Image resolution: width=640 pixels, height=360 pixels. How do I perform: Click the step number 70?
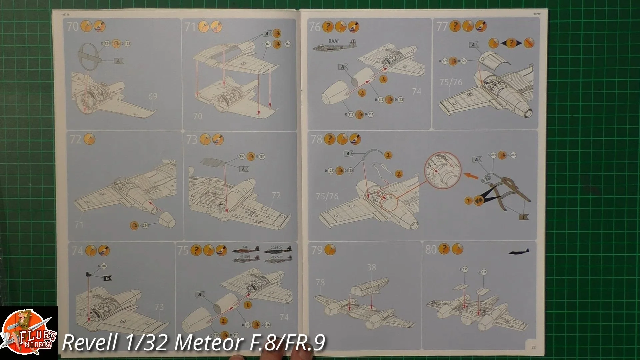73,26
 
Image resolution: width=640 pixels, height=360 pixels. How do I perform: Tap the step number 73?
192,139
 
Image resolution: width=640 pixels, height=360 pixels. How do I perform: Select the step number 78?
316,139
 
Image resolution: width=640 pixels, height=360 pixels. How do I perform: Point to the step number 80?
431,249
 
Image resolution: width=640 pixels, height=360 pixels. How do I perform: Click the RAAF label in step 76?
334,41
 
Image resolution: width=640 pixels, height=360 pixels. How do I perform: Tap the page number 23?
533,347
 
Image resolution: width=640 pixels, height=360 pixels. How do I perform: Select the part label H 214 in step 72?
144,226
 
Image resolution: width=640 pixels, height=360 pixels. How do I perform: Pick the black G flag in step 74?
108,278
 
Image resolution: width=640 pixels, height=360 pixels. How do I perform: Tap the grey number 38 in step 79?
371,268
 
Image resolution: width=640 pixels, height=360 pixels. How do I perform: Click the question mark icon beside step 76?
328,27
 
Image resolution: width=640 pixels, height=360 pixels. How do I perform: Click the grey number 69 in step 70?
153,97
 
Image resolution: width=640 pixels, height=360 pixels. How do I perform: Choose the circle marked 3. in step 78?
388,155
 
